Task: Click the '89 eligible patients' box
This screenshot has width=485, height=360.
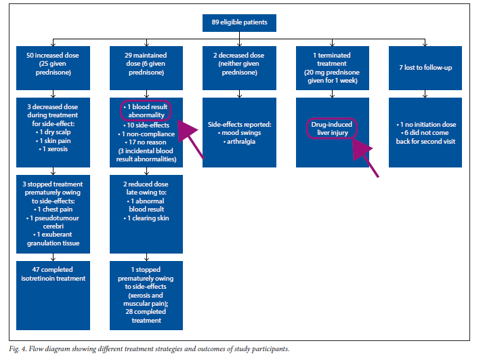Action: tap(239, 22)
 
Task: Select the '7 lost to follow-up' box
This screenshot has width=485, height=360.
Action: tap(425, 68)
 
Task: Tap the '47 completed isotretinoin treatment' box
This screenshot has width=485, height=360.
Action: tap(53, 296)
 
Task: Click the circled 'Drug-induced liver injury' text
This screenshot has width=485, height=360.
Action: tap(332, 128)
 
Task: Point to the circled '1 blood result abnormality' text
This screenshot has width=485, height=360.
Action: tap(146, 111)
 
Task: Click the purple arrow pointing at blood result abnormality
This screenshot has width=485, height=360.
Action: tap(190, 139)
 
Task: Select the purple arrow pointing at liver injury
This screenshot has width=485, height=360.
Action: tap(365, 157)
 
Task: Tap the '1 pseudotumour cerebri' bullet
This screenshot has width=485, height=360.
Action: tap(53, 222)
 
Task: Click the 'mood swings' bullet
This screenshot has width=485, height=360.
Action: tap(239, 133)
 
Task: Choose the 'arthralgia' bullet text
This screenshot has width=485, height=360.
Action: tap(239, 142)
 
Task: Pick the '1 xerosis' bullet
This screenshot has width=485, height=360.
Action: tap(54, 149)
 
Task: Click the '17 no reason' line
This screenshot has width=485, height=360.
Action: tap(146, 142)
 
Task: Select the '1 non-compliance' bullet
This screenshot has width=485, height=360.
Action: tap(146, 134)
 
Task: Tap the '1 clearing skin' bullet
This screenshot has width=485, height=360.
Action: tap(146, 218)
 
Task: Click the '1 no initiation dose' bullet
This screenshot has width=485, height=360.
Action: tap(426, 125)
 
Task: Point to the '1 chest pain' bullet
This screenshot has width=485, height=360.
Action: tap(54, 209)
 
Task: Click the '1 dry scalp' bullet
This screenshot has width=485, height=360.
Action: tap(54, 132)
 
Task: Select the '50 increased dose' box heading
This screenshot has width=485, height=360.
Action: tap(53, 56)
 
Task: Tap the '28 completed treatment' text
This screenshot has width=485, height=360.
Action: tap(146, 316)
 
